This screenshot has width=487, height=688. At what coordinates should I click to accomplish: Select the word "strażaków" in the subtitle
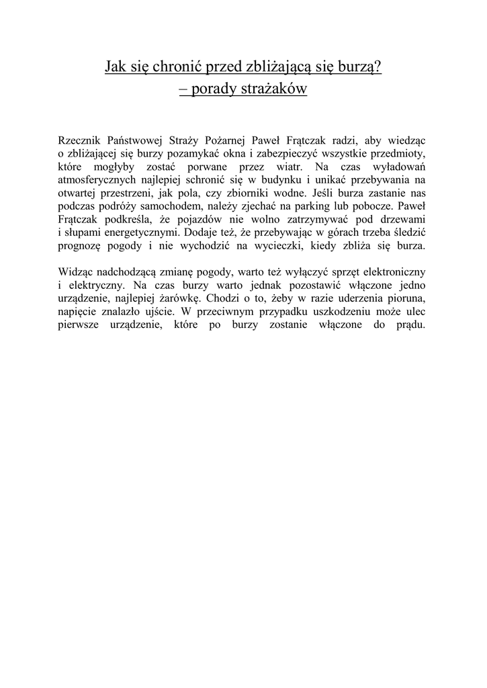coord(275,89)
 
